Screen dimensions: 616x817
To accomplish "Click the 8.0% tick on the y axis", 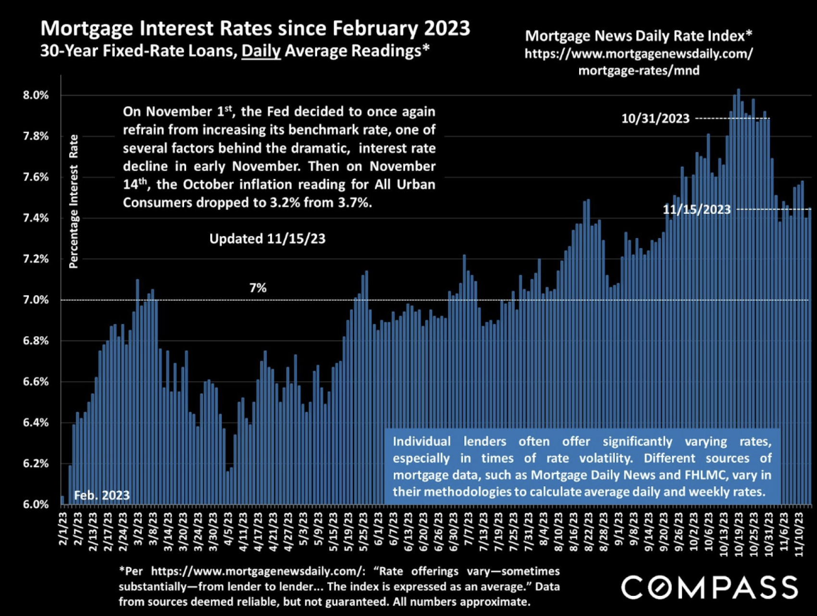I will click(x=36, y=95).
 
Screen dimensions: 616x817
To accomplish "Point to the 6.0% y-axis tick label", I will click(x=36, y=504).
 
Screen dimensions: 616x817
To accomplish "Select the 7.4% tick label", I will click(x=36, y=218).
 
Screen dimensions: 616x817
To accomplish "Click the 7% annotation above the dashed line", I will click(x=258, y=288).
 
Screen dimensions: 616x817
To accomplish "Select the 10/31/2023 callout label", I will click(x=655, y=119).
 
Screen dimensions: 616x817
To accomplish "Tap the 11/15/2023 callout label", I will click(x=696, y=210).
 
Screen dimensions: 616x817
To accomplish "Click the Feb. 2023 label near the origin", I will click(x=102, y=495).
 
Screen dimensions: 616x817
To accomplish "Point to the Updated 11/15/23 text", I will click(x=267, y=239).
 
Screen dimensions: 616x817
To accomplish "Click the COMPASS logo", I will click(x=709, y=588).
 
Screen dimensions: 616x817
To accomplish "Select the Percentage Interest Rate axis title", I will click(x=74, y=201).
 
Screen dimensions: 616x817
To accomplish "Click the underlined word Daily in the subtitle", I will click(x=261, y=51).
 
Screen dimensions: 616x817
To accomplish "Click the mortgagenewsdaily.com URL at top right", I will click(x=639, y=62).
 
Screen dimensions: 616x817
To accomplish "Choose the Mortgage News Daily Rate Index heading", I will click(x=638, y=36).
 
